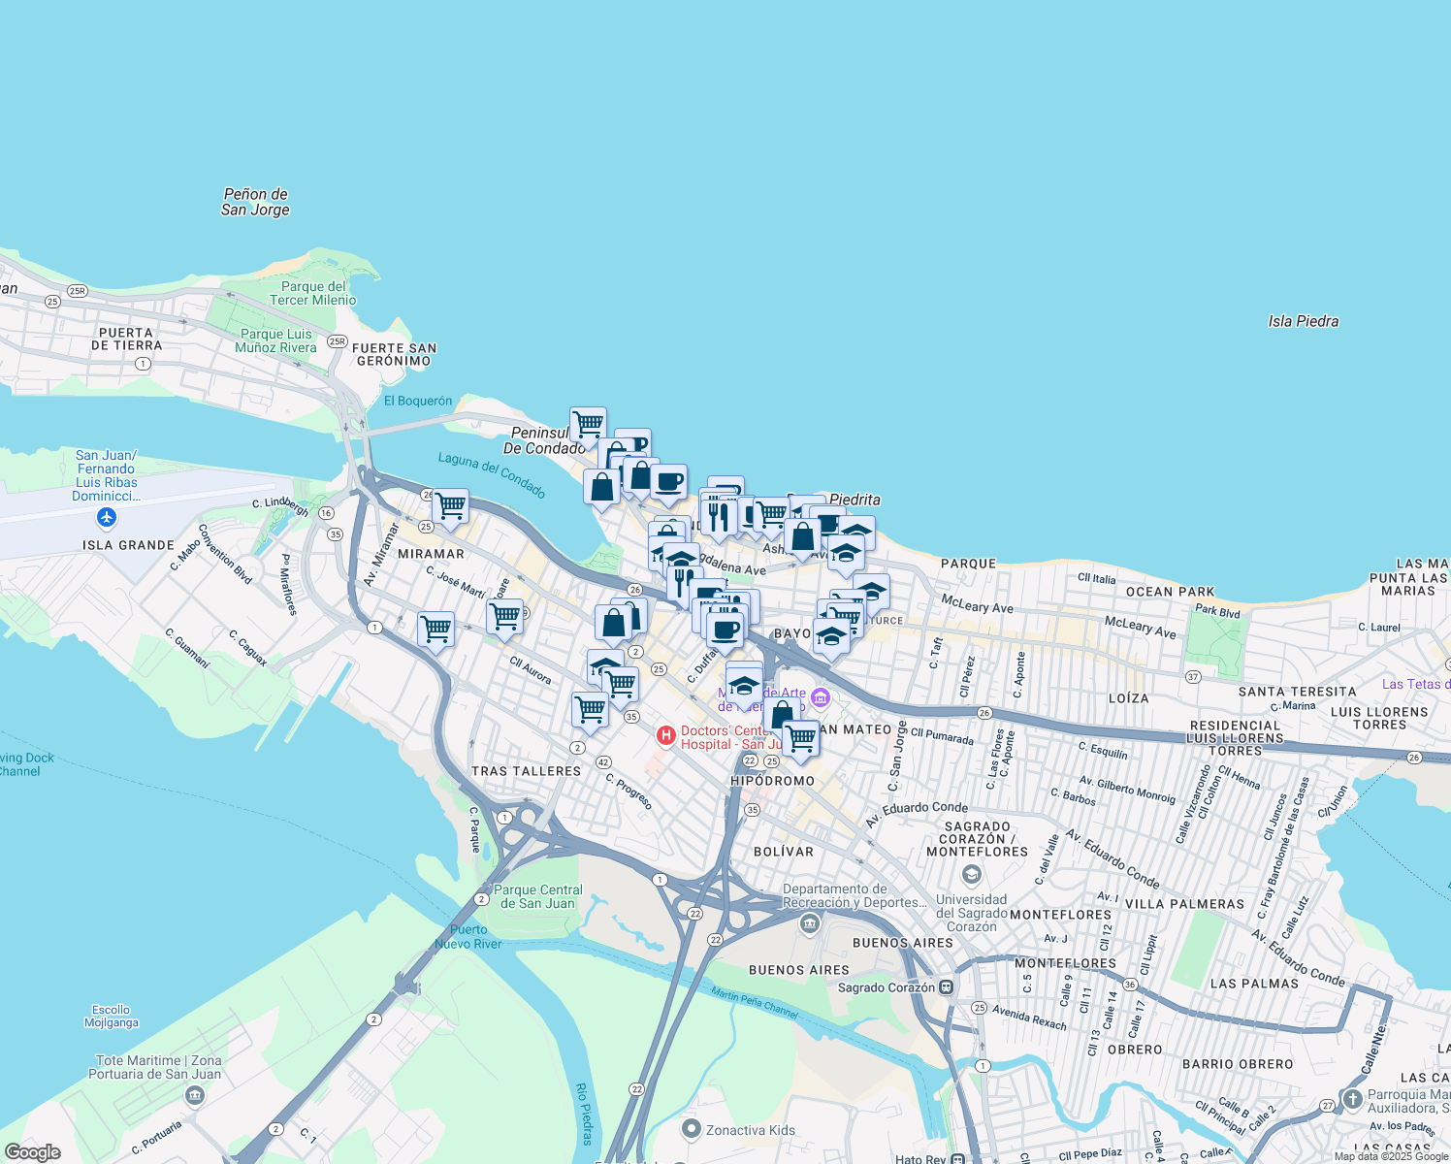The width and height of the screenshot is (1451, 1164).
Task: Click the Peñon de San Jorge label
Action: (255, 202)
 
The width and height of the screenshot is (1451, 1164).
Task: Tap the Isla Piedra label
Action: (1303, 321)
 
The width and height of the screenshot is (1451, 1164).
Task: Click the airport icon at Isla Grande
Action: (107, 517)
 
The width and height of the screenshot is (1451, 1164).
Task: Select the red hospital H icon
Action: (666, 736)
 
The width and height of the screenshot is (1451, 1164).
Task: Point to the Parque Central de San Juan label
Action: (538, 896)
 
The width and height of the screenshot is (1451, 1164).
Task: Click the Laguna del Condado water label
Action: (492, 474)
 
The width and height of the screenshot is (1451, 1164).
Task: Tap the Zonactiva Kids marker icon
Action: (692, 1129)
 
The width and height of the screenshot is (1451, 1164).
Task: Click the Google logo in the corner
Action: (32, 1151)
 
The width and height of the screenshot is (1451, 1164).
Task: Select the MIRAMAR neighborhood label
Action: (431, 554)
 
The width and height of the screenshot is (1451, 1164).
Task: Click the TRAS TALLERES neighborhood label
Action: (526, 771)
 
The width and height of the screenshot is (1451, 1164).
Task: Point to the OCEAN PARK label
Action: (1170, 592)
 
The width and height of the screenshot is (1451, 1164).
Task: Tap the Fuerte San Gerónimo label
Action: (394, 354)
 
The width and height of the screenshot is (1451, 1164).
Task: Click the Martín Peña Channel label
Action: (755, 1003)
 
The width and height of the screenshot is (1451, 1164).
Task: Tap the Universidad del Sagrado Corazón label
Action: (971, 913)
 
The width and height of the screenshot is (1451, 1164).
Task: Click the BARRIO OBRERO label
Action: (1238, 1064)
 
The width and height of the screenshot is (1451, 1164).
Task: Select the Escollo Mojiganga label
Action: (111, 1016)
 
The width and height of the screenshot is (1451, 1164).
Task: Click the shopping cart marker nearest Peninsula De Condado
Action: (588, 424)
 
